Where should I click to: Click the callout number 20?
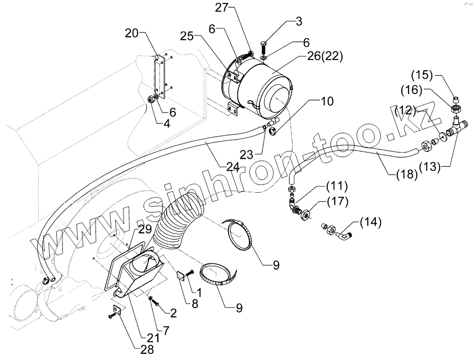coord(131,34)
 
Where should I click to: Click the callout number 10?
coord(327,101)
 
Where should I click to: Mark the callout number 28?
coord(147,349)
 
